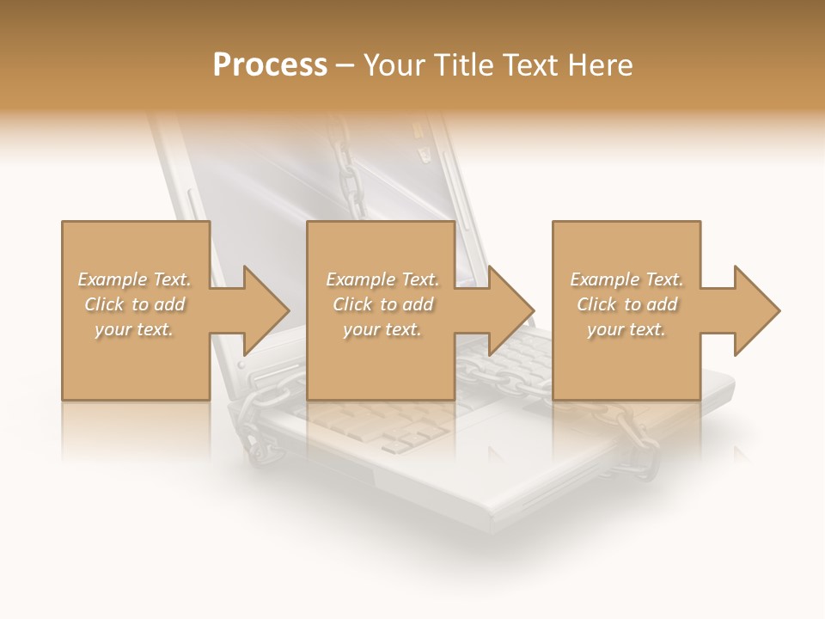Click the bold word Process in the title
(270, 65)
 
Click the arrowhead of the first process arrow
(266, 310)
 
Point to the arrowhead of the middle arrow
(512, 310)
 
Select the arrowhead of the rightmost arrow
(757, 310)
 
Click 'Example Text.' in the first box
(134, 279)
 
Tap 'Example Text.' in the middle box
(382, 279)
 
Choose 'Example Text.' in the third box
(626, 279)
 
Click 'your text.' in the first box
(134, 329)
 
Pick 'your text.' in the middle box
(382, 329)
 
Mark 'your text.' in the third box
(626, 329)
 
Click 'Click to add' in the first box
(134, 304)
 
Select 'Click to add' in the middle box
(382, 304)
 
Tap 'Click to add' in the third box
(626, 304)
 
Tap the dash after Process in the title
(345, 65)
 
